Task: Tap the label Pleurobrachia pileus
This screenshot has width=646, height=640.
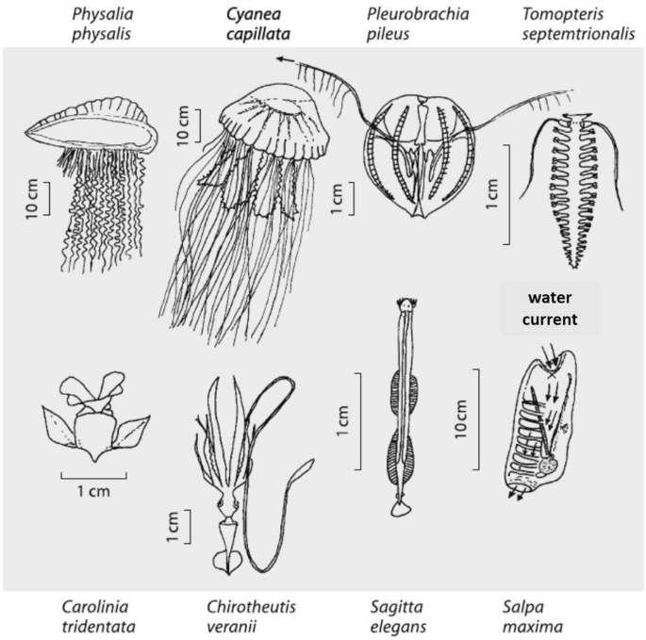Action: tap(417, 25)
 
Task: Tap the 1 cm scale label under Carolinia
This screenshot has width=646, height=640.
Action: tap(92, 491)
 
